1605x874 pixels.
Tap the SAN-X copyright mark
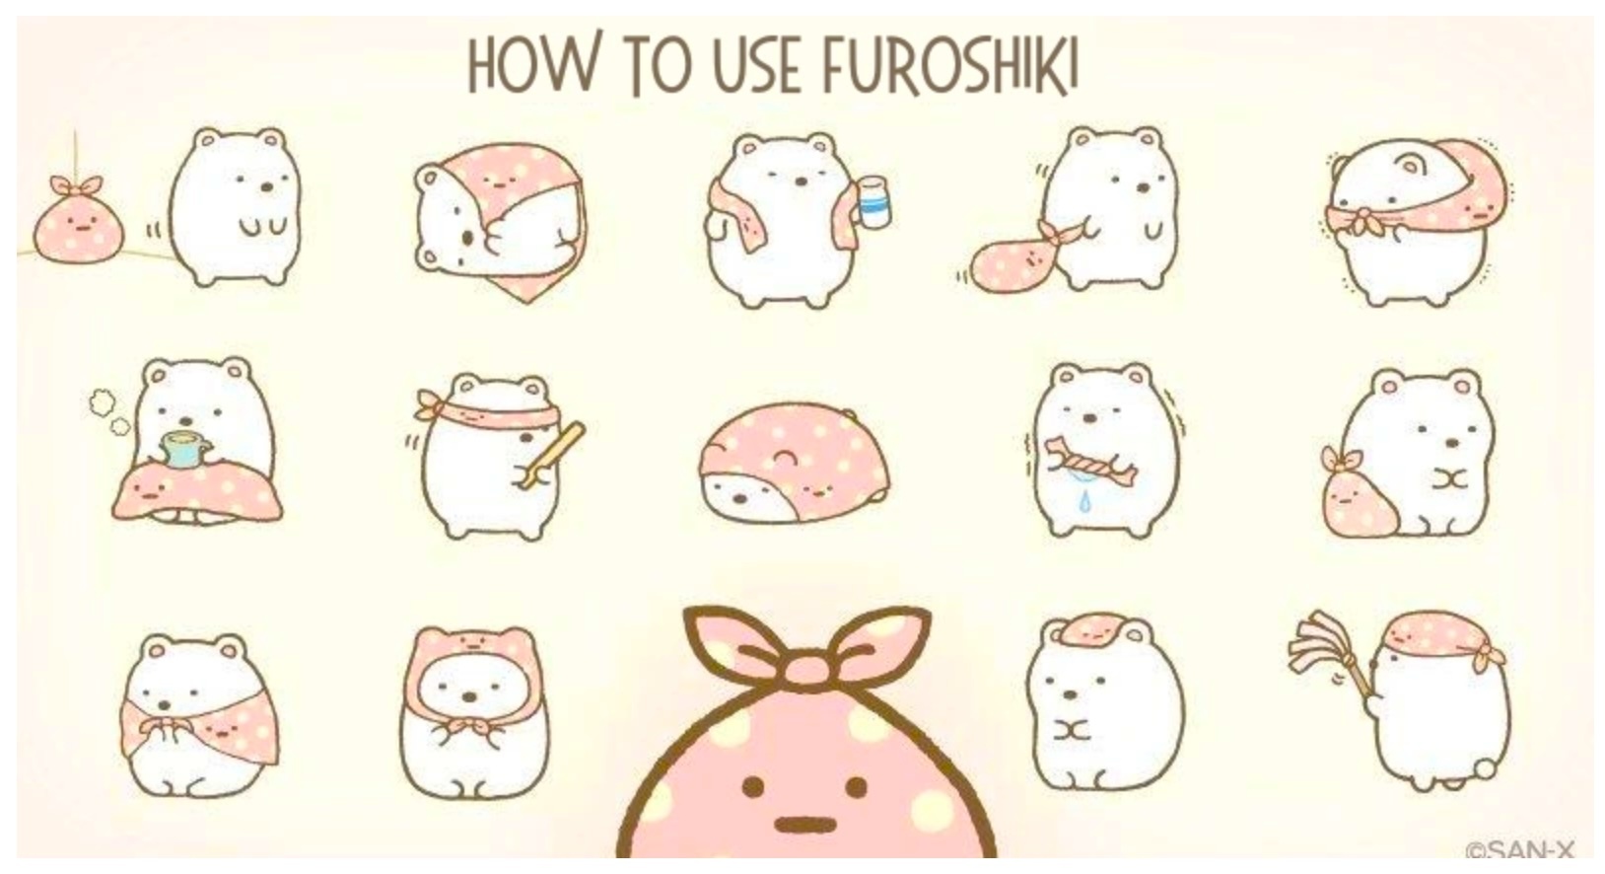[x=1520, y=850]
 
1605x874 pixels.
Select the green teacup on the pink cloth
[x=185, y=450]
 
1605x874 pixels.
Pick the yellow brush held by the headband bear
[x=551, y=456]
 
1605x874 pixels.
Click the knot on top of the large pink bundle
[x=808, y=649]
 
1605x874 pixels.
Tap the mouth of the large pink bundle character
[x=805, y=825]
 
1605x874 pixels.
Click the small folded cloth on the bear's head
[x=1092, y=628]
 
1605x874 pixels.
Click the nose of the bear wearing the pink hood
[x=469, y=696]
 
